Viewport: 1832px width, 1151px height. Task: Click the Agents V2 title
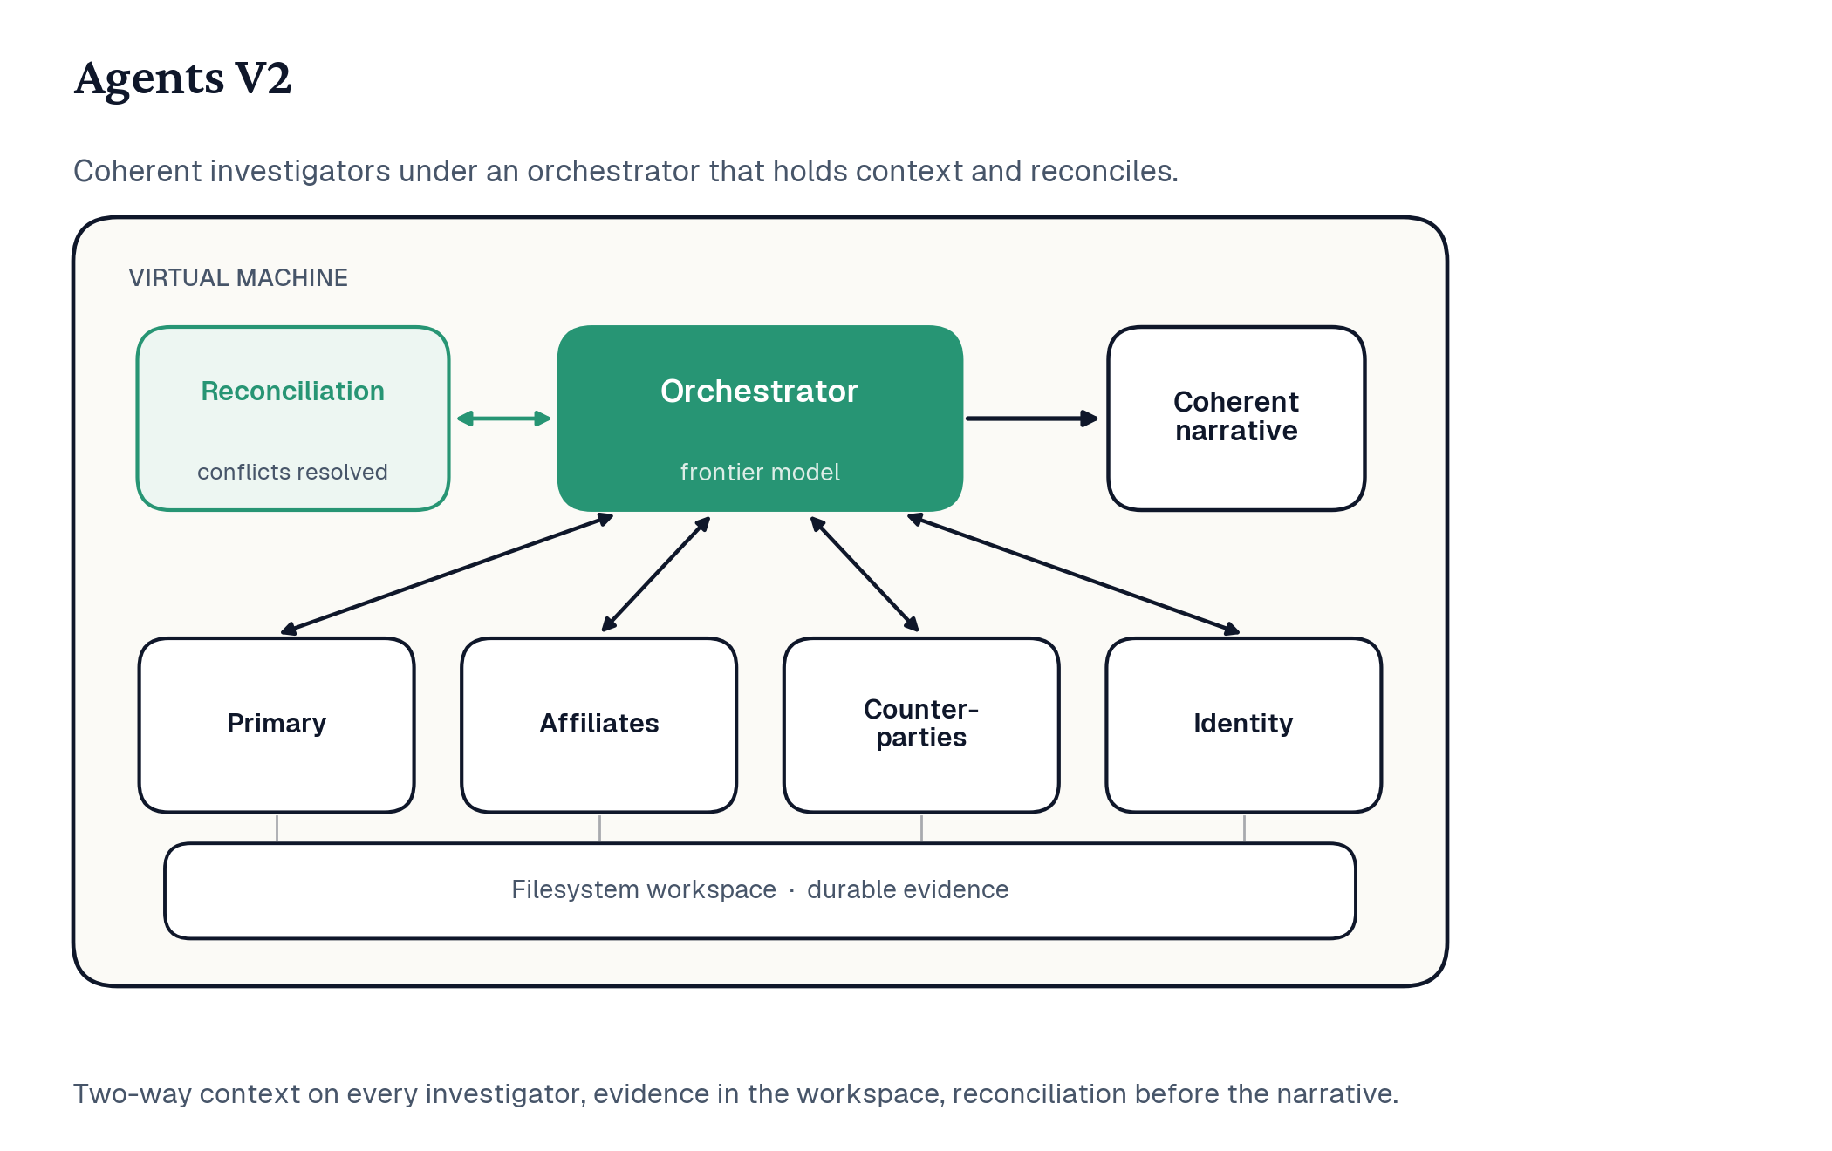pyautogui.click(x=182, y=78)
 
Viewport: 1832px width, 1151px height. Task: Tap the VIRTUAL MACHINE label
pyautogui.click(x=238, y=277)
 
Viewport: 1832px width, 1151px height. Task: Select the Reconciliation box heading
pyautogui.click(x=293, y=392)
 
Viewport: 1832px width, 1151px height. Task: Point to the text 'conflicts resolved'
pyautogui.click(x=292, y=472)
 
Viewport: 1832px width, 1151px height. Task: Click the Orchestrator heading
pyautogui.click(x=760, y=392)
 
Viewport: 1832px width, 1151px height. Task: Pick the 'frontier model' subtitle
pyautogui.click(x=760, y=472)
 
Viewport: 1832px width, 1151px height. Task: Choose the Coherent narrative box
pyautogui.click(x=1236, y=419)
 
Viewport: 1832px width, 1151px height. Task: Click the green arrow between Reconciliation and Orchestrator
pyautogui.click(x=504, y=419)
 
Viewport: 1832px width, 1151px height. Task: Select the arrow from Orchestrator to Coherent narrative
pyautogui.click(x=1032, y=419)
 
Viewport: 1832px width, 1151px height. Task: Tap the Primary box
pyautogui.click(x=277, y=725)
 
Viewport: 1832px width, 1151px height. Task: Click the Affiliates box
pyautogui.click(x=599, y=725)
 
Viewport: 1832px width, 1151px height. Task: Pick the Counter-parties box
pyautogui.click(x=921, y=725)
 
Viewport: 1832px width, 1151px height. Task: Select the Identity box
pyautogui.click(x=1244, y=725)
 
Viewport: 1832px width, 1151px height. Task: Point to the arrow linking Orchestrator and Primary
pyautogui.click(x=448, y=574)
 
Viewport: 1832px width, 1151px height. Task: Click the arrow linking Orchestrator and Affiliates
pyautogui.click(x=656, y=574)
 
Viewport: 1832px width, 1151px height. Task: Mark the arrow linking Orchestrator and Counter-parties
pyautogui.click(x=865, y=574)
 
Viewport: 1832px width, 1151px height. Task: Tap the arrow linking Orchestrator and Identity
pyautogui.click(x=1073, y=574)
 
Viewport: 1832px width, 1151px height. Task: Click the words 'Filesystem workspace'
pyautogui.click(x=644, y=889)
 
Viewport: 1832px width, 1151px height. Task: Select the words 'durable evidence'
pyautogui.click(x=908, y=889)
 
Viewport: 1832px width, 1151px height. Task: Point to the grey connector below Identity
pyautogui.click(x=1244, y=828)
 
